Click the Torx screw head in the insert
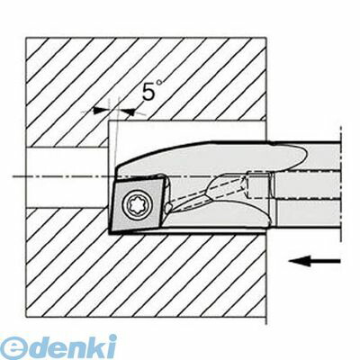click(135, 204)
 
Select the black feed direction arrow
click(314, 261)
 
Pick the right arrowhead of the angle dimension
click(128, 112)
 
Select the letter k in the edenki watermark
click(97, 346)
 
